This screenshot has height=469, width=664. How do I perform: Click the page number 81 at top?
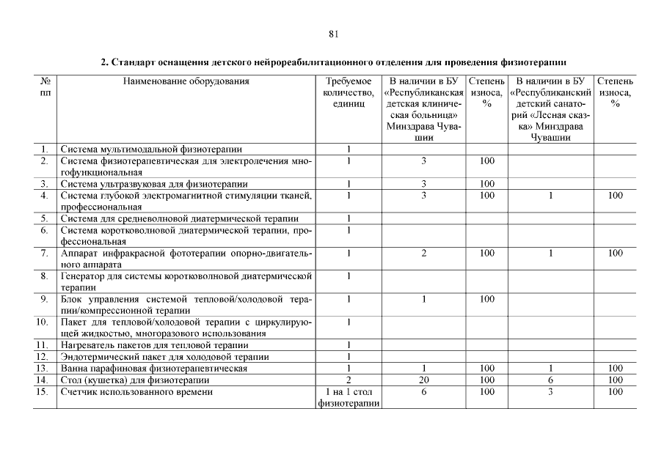pos(333,34)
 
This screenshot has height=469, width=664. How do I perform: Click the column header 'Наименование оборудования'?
pos(186,81)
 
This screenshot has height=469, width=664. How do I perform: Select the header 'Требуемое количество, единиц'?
pos(348,93)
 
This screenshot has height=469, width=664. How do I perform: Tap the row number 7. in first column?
pos(45,253)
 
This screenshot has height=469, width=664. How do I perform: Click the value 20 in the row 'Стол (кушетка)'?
pos(423,380)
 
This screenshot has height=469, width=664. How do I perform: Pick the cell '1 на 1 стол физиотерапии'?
pos(348,398)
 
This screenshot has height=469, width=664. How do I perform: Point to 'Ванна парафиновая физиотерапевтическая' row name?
pos(154,368)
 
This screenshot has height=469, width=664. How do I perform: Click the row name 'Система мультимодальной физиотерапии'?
pos(151,149)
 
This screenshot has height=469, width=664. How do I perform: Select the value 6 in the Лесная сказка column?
pos(550,380)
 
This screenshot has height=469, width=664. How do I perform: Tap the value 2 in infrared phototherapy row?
pos(423,253)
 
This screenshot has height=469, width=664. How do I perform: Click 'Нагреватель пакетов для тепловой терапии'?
pos(154,344)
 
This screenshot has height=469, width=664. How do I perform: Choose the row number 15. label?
pos(45,392)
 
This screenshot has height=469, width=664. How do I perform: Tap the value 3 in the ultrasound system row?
pos(423,183)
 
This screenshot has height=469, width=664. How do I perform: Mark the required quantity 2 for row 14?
pos(348,380)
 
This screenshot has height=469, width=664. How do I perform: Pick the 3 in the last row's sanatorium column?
pos(550,392)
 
